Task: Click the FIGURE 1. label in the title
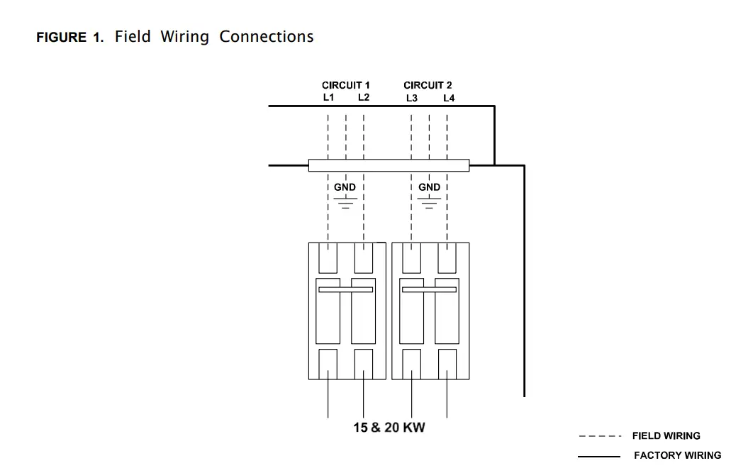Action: [x=69, y=38]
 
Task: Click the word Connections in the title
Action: [x=266, y=37]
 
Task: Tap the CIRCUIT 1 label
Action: [x=345, y=85]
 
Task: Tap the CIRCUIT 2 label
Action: [x=428, y=85]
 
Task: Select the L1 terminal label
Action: [x=328, y=97]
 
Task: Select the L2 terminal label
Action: [x=364, y=97]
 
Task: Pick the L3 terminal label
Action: [x=412, y=98]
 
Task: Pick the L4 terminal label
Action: [x=449, y=98]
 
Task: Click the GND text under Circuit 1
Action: [x=345, y=187]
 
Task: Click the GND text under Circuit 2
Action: [x=429, y=187]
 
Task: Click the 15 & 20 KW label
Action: [x=389, y=428]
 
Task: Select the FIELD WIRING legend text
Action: [x=666, y=436]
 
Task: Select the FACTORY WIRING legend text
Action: [x=677, y=455]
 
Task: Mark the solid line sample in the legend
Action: [x=599, y=456]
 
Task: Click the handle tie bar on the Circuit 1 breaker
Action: [x=345, y=289]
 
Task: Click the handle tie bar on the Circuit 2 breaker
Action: [x=429, y=289]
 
